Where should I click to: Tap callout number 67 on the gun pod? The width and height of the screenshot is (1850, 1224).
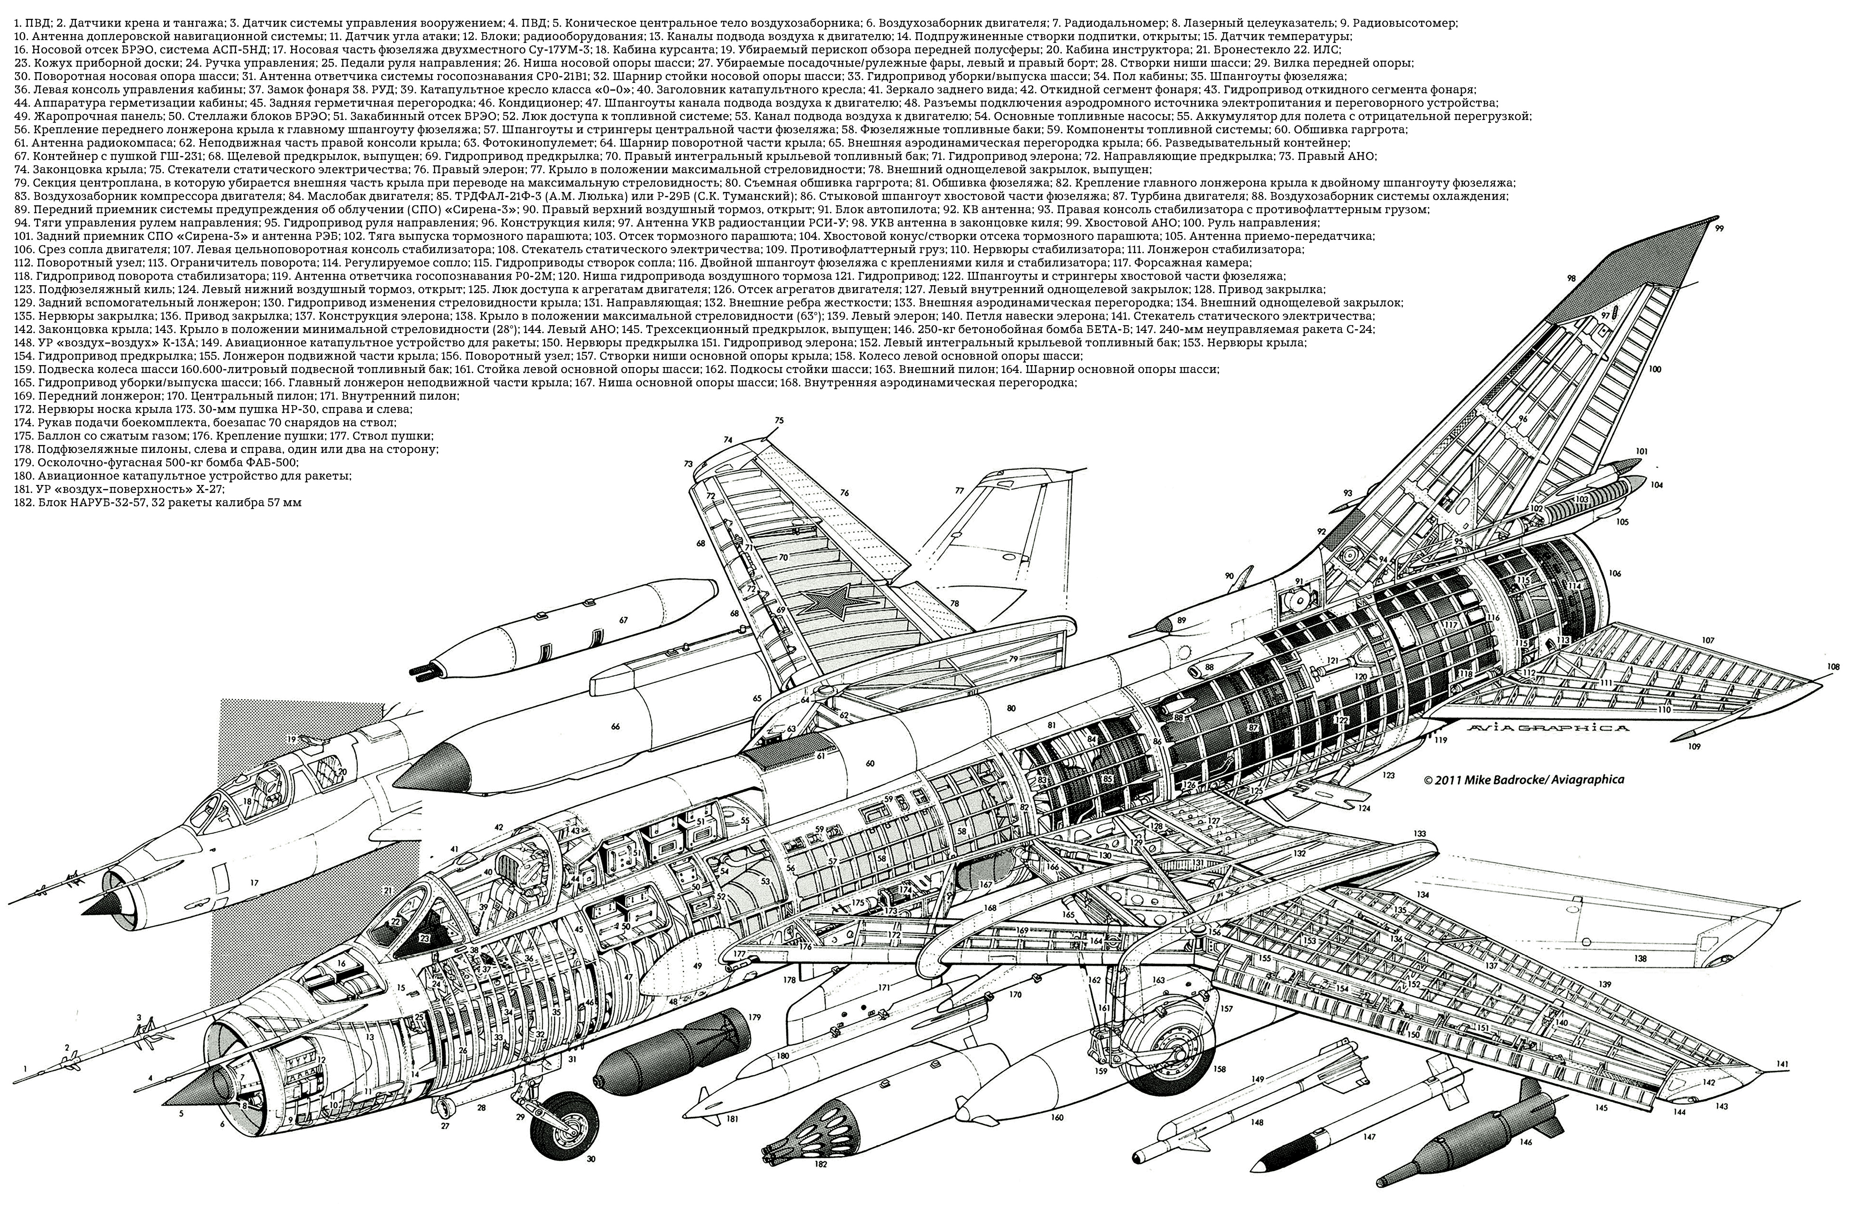click(x=623, y=621)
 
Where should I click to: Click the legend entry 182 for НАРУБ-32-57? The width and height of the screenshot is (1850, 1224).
click(x=156, y=504)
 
